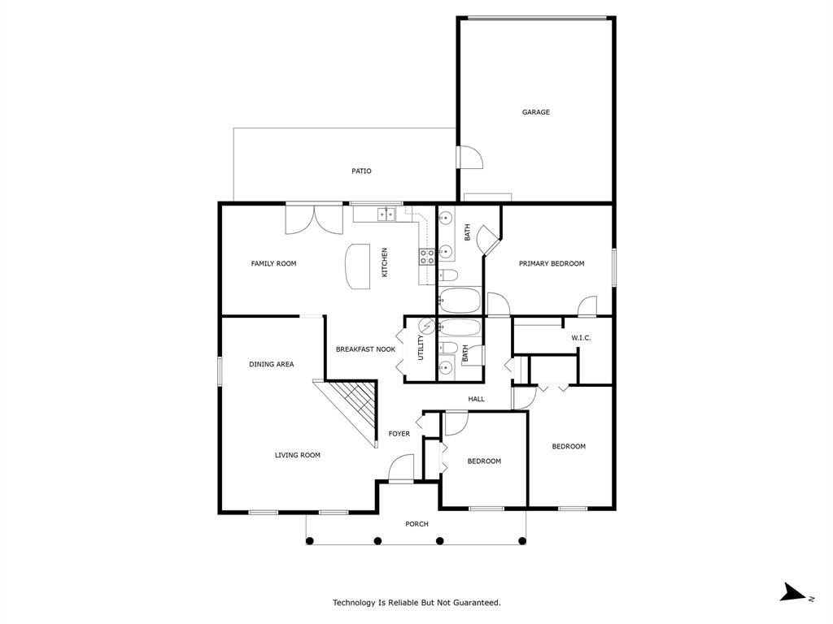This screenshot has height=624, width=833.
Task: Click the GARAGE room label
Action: point(535,112)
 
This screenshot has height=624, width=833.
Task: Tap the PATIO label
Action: point(361,171)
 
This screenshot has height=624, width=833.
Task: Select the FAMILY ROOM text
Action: point(273,263)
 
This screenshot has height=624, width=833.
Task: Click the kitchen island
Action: point(357,266)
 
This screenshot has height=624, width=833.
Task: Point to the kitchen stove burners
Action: point(426,257)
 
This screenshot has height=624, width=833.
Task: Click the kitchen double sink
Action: point(386,214)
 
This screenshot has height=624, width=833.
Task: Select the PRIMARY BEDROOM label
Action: point(552,263)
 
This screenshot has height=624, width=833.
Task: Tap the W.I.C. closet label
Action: point(580,338)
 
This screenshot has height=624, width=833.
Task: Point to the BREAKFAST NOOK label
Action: point(365,349)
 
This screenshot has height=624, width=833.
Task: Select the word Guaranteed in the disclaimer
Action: point(475,603)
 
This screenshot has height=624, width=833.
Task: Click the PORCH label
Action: point(416,524)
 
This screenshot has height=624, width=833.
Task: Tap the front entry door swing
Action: point(400,469)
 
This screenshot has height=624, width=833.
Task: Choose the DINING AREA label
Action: point(271,365)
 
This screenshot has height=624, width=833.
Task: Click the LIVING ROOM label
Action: point(297,455)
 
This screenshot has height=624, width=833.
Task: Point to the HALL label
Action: point(476,399)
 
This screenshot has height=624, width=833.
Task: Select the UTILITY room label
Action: point(421,349)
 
